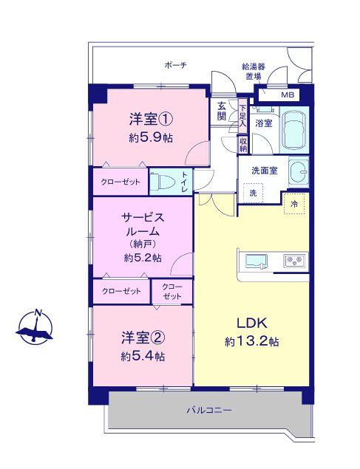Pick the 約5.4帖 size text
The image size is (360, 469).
pos(143,356)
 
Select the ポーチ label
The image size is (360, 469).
pos(174,66)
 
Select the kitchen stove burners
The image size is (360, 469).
pos(294,261)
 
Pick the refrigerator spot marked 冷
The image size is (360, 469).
pos(294,204)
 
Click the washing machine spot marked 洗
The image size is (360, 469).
pos(253,193)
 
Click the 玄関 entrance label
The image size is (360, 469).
pos(222,111)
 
